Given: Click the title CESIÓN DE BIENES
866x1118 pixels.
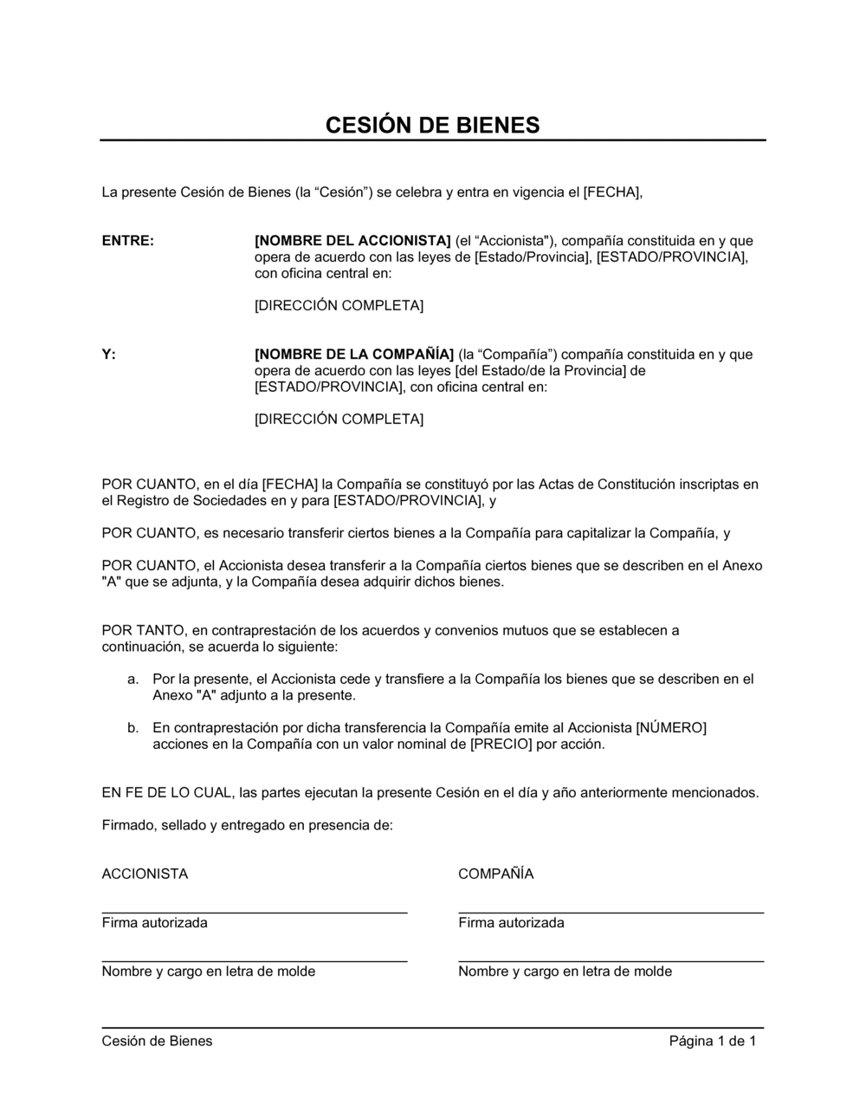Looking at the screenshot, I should click(x=432, y=125).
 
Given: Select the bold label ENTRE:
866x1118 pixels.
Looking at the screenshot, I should click(x=128, y=241).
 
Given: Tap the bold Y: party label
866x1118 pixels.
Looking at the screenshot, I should click(x=108, y=354).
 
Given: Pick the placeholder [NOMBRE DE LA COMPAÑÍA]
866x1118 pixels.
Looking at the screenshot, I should click(x=354, y=354).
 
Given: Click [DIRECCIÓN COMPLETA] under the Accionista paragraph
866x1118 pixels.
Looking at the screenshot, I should click(x=339, y=306).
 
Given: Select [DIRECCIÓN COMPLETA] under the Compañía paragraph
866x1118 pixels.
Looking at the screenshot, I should click(x=339, y=419).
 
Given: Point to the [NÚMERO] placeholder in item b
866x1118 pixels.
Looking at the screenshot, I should click(x=671, y=728).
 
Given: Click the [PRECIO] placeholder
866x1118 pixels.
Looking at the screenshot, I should click(x=501, y=744).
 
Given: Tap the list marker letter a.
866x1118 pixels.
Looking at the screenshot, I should click(x=132, y=679).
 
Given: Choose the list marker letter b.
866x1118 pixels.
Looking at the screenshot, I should click(x=132, y=728).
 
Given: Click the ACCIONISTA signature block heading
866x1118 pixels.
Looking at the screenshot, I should click(x=145, y=874).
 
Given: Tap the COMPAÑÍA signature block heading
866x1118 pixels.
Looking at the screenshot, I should click(x=495, y=874).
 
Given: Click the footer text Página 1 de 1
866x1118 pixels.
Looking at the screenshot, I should click(x=713, y=1042).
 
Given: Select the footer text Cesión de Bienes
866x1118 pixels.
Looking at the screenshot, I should click(x=157, y=1042).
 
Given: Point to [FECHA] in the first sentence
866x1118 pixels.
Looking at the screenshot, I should click(x=612, y=192).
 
